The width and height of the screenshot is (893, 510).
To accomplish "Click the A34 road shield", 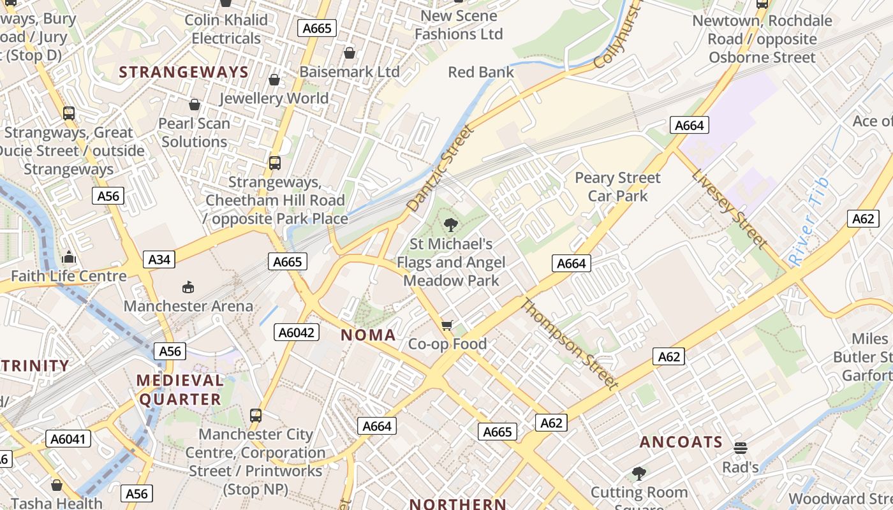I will [x=159, y=259].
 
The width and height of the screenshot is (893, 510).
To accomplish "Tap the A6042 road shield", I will [x=297, y=332].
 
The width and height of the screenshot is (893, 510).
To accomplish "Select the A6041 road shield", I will [x=69, y=439].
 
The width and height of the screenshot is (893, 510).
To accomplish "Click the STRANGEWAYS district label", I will [x=184, y=72].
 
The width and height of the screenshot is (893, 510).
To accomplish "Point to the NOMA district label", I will [x=368, y=335].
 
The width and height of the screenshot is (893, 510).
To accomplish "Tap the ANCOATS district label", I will [x=681, y=442].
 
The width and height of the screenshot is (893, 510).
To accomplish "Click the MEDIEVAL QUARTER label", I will [x=180, y=390].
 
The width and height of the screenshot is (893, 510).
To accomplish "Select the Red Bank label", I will [x=481, y=72].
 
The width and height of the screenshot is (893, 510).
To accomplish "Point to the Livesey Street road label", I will [x=729, y=208].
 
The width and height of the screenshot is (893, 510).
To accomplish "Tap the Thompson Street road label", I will [x=569, y=343].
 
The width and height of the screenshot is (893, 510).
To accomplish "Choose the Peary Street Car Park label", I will [x=617, y=187].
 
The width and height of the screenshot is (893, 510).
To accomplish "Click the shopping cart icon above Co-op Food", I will [x=447, y=326].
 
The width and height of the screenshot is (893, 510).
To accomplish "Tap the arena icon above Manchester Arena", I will [x=188, y=288].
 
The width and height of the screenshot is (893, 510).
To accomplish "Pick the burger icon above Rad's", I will [x=740, y=448].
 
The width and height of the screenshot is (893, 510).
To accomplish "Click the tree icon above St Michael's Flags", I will [x=451, y=224].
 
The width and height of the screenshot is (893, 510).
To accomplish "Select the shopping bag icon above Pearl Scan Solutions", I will [x=195, y=105].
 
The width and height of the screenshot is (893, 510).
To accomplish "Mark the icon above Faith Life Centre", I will [x=69, y=258].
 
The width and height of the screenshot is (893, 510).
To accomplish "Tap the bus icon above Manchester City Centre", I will [x=256, y=416].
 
